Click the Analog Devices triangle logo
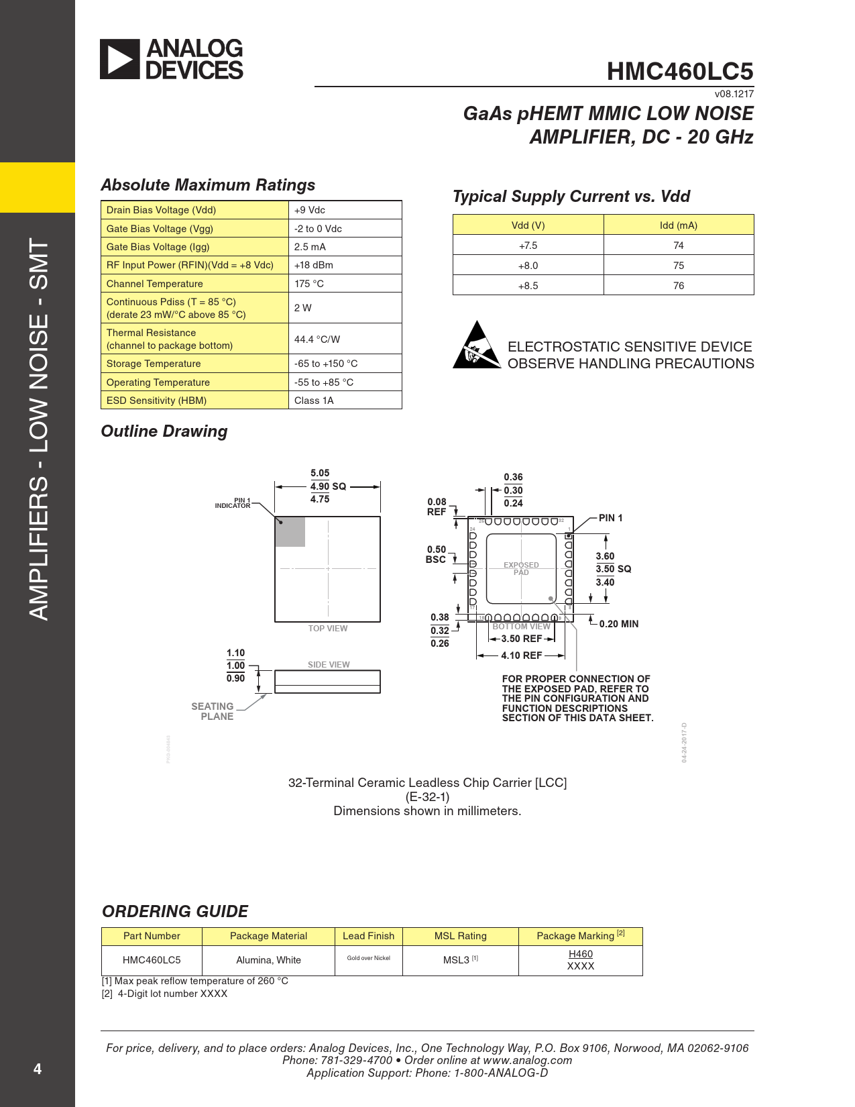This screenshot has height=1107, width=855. [120, 59]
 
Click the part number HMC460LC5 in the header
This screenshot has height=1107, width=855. [679, 72]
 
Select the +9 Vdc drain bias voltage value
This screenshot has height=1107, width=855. [310, 210]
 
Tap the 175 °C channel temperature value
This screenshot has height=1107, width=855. [309, 284]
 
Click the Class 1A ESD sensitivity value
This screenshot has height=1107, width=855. [314, 401]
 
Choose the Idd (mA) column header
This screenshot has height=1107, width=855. [678, 225]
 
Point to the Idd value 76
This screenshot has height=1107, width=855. [678, 286]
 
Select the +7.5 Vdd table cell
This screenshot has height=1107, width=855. [528, 246]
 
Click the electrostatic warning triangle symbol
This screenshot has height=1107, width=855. [476, 346]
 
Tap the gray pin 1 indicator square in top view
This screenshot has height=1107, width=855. [290, 531]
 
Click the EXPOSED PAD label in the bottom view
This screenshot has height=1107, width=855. [521, 569]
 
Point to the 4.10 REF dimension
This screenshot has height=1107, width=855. [521, 655]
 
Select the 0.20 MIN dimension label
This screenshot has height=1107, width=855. [618, 624]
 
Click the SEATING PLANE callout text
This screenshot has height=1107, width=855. [213, 711]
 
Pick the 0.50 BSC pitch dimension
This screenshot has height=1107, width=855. [436, 554]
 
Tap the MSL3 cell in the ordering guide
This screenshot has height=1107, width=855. [460, 960]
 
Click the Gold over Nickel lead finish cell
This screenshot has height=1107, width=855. [368, 958]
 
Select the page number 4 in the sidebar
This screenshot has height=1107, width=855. [38, 1069]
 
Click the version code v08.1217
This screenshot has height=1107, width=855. [734, 95]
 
